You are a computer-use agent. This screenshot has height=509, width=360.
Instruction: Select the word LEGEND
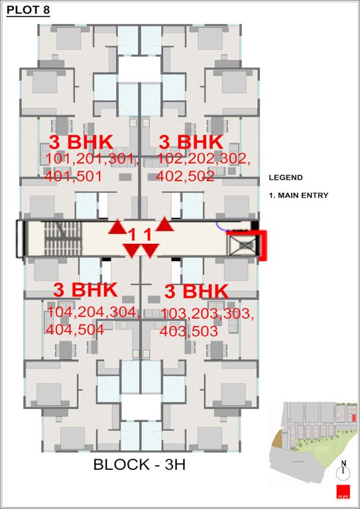coord(285,178)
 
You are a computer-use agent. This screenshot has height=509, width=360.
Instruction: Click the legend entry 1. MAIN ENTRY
coord(298,196)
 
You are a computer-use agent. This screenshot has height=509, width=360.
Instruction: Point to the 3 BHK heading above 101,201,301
coord(82,141)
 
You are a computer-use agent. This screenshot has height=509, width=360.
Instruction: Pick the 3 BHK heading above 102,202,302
coord(192,141)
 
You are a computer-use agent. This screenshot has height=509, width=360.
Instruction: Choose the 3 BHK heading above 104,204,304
coord(85,290)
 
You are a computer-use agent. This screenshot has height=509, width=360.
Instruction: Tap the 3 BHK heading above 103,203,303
coord(196,292)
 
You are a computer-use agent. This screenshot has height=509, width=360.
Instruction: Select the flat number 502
coord(200,176)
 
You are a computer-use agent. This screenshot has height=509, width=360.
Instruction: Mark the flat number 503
coord(203,329)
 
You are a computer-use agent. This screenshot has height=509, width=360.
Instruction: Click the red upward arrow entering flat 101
coord(117,227)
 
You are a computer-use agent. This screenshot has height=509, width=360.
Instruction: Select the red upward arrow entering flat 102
coord(165,225)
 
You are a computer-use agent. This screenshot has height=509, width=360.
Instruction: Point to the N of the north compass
coord(343,463)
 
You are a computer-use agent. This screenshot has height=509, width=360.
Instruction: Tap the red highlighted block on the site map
coord(353,418)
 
